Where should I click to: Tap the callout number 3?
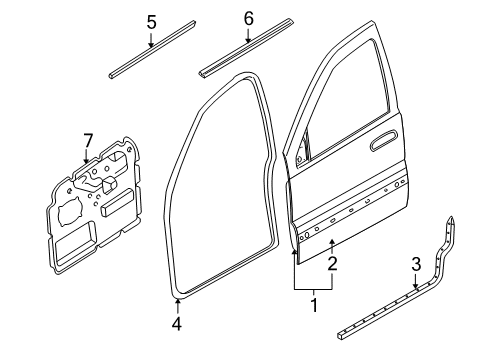pos(415,263)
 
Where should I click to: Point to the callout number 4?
pos(177,323)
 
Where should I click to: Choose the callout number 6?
pos(249,18)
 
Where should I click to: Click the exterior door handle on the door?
pos(381,145)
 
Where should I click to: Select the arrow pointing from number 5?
pos(151,40)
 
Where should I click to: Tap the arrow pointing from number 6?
pos(249,36)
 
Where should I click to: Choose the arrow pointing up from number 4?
pos(177,306)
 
